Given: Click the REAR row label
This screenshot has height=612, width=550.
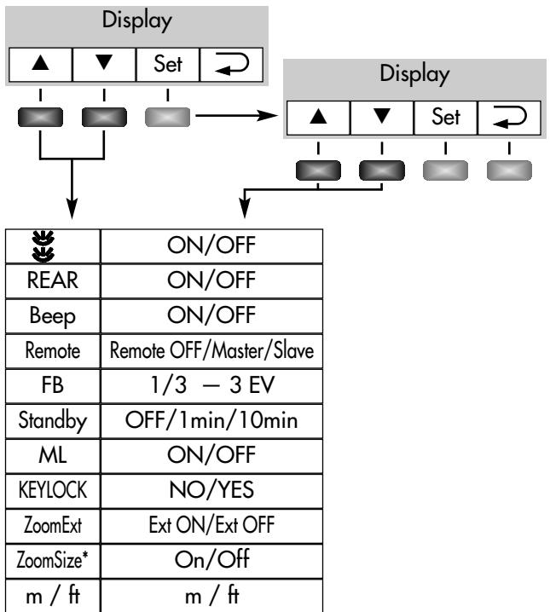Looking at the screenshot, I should (52, 280).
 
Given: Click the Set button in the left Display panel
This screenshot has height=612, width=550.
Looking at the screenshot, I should (168, 64).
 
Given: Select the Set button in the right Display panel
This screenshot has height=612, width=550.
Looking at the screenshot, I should (444, 117).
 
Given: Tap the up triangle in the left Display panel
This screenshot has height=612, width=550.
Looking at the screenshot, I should (38, 64).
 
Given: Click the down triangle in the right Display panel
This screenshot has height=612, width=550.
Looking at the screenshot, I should (380, 117).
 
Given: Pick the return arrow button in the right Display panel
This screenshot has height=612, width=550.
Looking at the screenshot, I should (507, 117).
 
